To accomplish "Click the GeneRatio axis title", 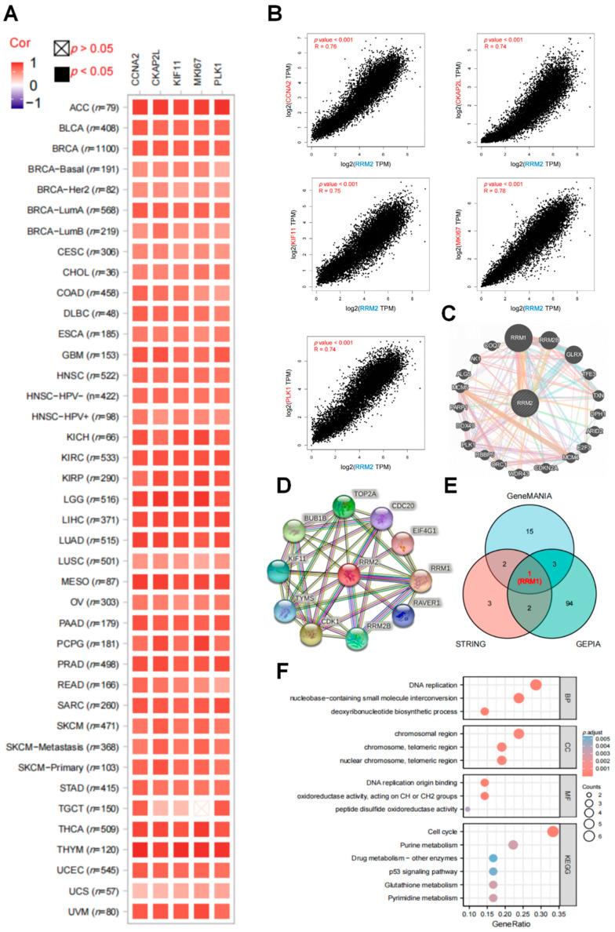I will [x=511, y=925].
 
